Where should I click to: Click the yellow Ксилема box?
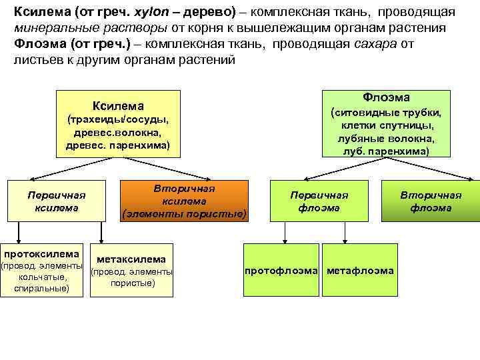click(118, 124)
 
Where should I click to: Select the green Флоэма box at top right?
click(386, 123)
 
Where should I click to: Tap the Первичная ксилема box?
click(57, 201)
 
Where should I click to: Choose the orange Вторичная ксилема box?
click(184, 201)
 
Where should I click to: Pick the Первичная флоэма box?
click(319, 201)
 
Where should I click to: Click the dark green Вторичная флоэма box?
click(431, 201)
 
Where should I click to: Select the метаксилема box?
click(131, 270)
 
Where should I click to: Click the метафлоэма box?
click(360, 271)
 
